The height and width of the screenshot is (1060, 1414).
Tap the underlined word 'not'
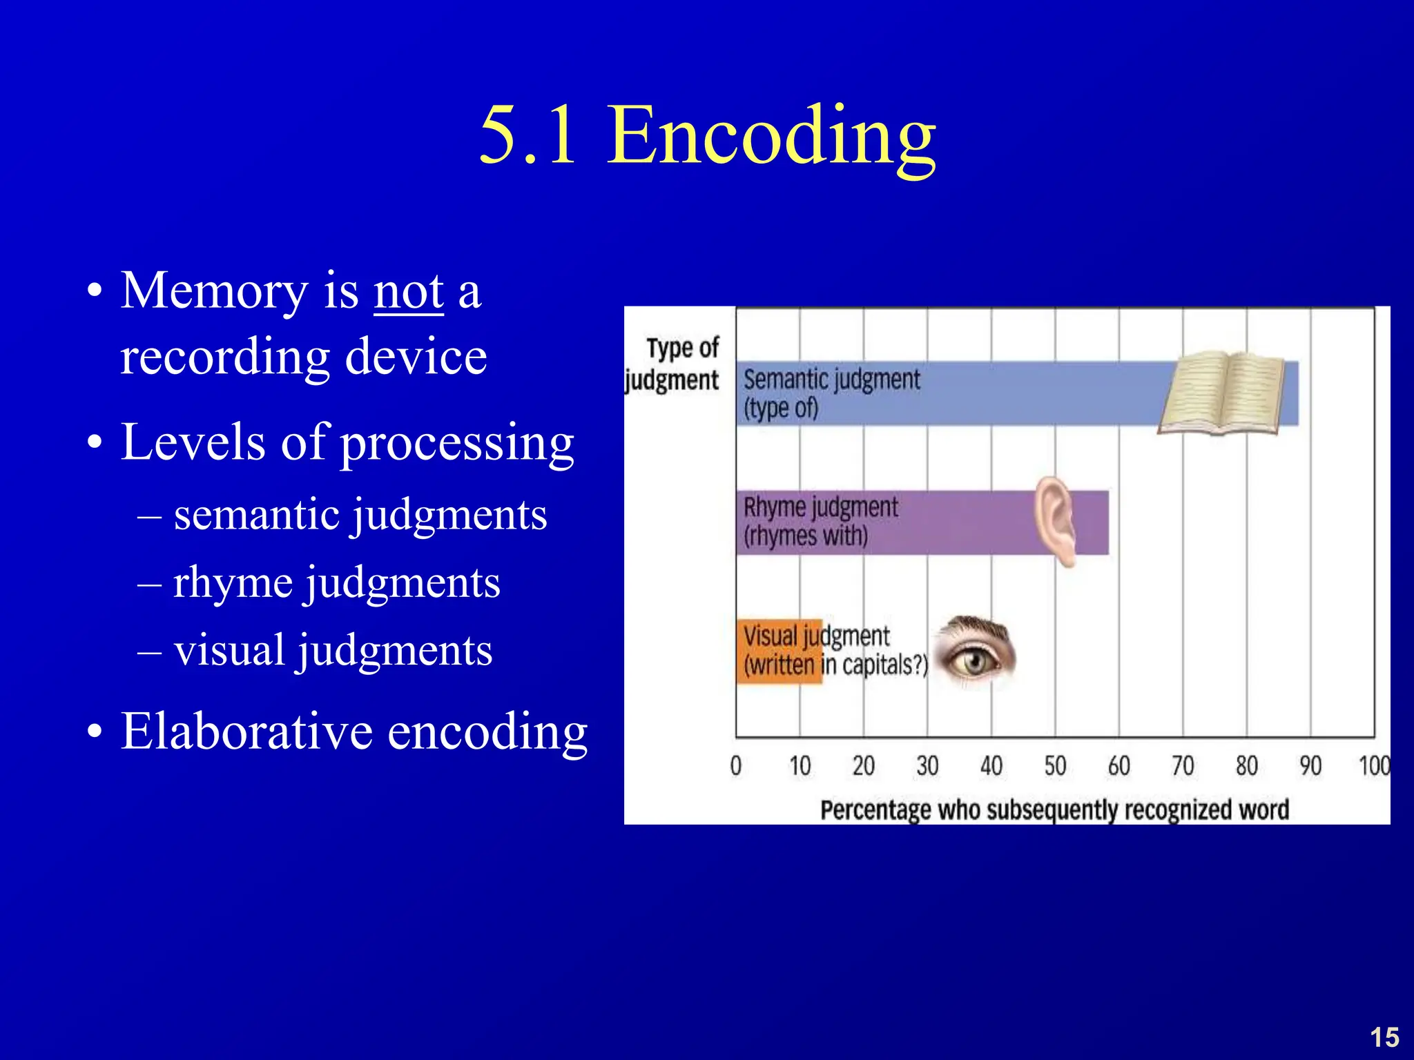click(408, 292)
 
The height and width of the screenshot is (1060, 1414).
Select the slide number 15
click(1384, 1037)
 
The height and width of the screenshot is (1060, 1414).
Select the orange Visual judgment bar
click(779, 651)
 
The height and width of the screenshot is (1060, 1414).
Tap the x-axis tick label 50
click(1055, 766)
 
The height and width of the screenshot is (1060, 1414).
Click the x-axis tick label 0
click(736, 766)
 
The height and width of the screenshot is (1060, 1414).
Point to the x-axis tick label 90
click(1310, 766)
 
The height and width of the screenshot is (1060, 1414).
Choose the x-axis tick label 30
click(927, 766)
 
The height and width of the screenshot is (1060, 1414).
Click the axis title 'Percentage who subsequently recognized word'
click(1054, 809)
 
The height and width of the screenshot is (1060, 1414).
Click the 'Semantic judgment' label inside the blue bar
click(831, 380)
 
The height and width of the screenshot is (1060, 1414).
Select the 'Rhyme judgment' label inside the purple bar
click(820, 508)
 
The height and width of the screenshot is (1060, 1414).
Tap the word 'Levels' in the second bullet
click(192, 442)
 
